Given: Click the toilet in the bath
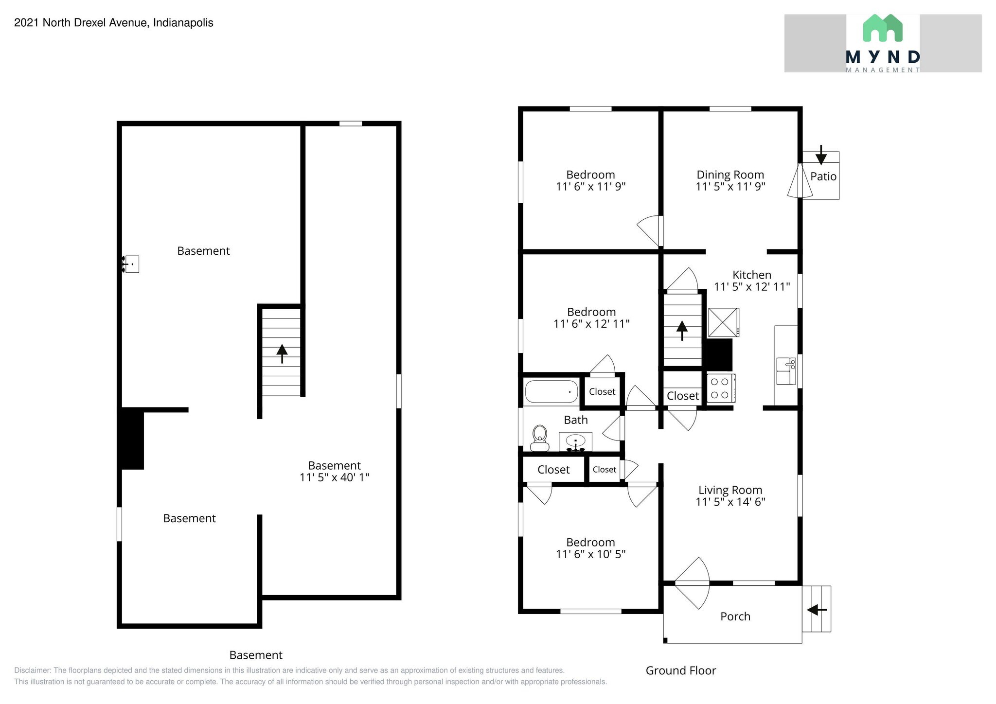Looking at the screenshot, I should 539,438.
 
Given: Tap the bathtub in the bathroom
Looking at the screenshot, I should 551,391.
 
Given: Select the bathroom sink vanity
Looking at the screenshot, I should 575,442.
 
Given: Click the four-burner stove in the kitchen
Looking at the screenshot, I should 720,388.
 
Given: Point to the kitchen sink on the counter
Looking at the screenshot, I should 785,371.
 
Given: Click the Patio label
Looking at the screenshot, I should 823,176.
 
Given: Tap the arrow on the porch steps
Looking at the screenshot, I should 817,609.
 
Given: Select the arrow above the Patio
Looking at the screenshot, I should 821,155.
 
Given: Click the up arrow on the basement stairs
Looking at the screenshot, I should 282,353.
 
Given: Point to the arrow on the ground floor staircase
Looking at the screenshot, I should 682,330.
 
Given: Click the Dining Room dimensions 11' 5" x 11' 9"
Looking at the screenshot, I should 730,187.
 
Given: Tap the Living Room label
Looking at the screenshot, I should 730,490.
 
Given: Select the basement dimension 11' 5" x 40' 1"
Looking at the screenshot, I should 334,477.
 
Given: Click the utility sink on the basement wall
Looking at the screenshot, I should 131,264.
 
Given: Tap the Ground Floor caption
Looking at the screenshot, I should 680,670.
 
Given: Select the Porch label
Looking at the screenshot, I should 735,616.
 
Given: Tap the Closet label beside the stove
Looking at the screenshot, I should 682,396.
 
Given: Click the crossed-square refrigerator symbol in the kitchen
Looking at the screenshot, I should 723,322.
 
